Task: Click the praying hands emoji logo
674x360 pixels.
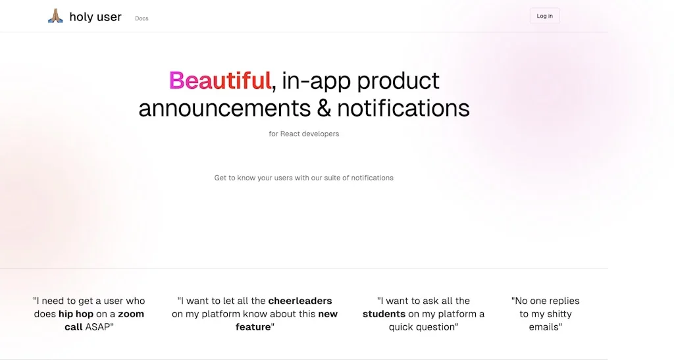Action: tap(55, 16)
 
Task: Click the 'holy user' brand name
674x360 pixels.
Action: tap(95, 17)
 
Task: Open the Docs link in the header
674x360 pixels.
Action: tap(142, 18)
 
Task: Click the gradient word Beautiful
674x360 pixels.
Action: tap(220, 80)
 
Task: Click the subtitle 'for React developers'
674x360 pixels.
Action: tap(304, 134)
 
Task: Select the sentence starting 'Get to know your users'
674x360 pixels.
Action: tap(304, 178)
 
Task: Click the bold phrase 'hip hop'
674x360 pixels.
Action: tap(76, 314)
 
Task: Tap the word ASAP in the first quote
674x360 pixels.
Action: tap(99, 327)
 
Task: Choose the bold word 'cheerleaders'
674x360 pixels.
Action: tap(300, 301)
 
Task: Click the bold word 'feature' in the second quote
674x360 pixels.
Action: tap(253, 327)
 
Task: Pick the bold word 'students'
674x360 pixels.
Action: tap(384, 314)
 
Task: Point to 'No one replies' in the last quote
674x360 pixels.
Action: tap(546, 301)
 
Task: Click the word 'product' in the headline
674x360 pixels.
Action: tap(398, 80)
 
